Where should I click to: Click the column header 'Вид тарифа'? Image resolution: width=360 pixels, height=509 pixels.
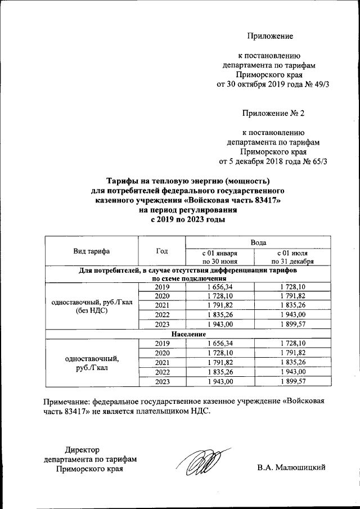click(91, 251)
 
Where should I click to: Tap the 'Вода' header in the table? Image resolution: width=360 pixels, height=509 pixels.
click(258, 241)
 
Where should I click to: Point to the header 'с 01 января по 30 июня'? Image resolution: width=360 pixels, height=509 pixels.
click(219, 256)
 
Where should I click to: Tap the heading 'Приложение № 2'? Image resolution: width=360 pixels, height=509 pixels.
click(273, 113)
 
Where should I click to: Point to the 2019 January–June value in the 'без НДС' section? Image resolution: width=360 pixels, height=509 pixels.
click(219, 287)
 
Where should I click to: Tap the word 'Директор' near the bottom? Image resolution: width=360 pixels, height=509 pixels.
click(82, 449)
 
